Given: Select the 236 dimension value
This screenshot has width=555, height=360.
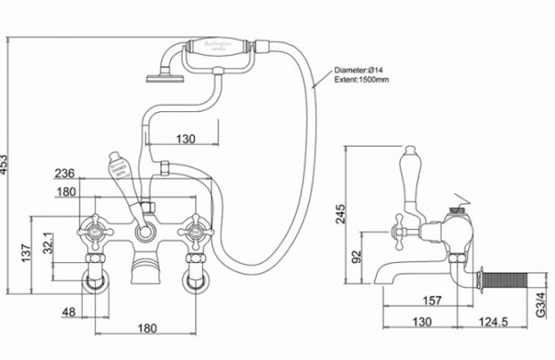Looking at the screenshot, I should coord(65,174).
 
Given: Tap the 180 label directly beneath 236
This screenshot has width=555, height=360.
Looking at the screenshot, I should coord(65,191).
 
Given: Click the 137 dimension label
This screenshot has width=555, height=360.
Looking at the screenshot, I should coord(26,251).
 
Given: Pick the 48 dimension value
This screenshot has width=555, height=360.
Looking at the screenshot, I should coord(68,312).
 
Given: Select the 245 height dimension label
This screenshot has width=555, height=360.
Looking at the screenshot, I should coord(340,215).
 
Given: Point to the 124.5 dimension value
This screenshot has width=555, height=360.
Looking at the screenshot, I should coord(492,321).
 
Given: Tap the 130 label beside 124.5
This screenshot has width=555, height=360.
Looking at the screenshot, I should coord(422,321).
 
